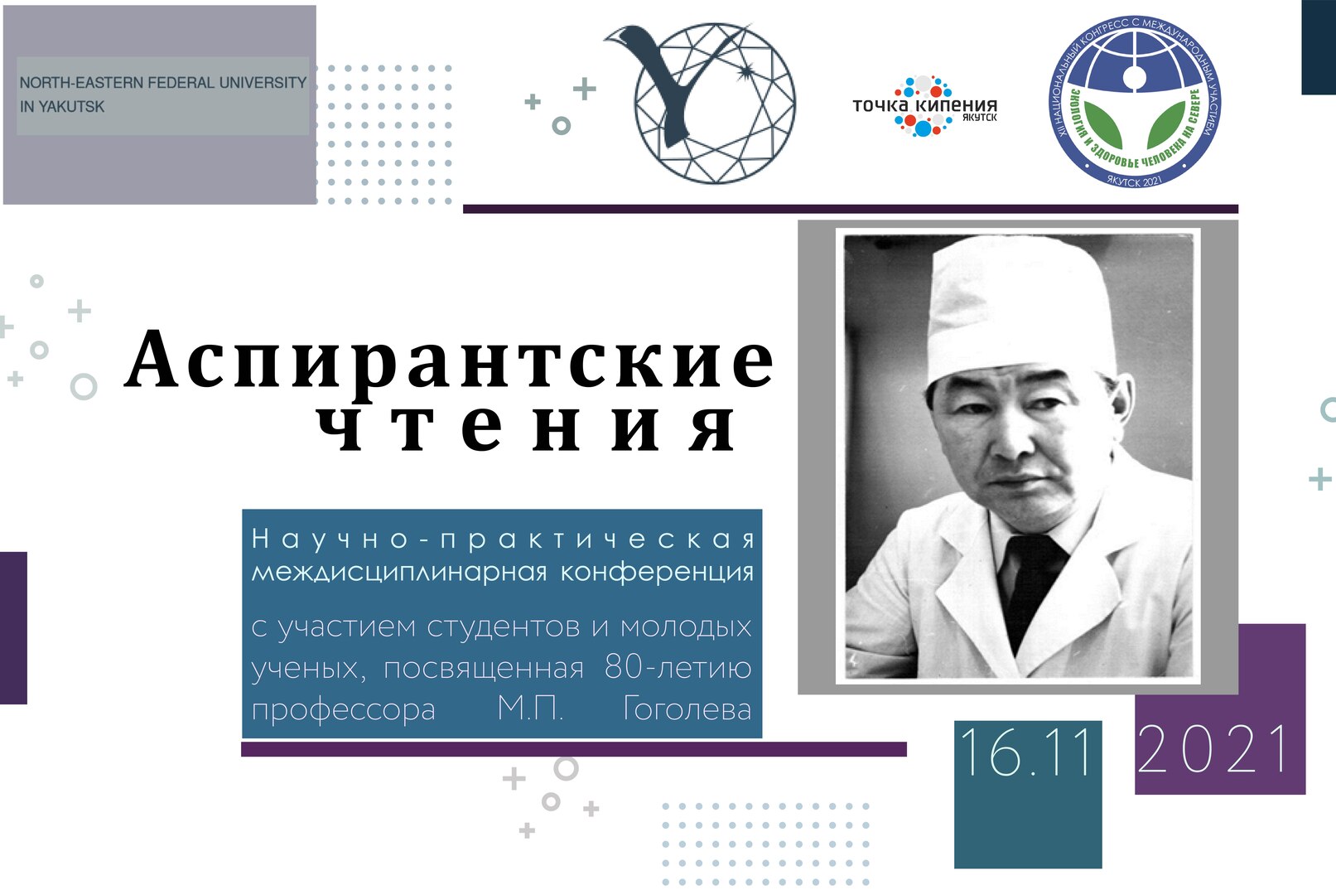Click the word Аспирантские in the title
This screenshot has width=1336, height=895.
pos(450,361)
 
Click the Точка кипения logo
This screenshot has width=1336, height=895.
pos(924,106)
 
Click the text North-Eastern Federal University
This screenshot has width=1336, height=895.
pos(162,83)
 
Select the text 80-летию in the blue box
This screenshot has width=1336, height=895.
pos(678,668)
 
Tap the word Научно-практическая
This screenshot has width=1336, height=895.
pos(503,539)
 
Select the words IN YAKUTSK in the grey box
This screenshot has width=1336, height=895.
pos(62,107)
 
